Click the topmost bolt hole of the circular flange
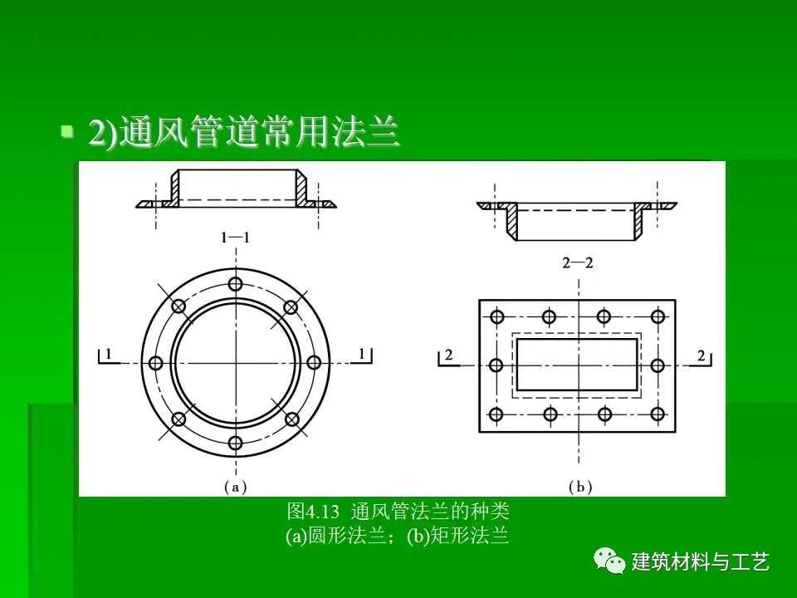235,284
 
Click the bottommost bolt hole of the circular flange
235,443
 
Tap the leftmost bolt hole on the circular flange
155,363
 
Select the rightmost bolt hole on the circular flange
314,363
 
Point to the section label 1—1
235,238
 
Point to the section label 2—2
578,263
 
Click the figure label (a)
235,488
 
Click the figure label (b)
580,488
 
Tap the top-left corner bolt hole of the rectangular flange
496,316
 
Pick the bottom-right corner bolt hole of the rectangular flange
658,414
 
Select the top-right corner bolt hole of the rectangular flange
658,316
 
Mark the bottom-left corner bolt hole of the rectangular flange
496,414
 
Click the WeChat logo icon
609,561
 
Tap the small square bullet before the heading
66,132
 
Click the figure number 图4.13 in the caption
313,511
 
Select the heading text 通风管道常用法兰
259,133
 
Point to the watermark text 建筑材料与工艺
700,562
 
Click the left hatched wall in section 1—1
175,189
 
